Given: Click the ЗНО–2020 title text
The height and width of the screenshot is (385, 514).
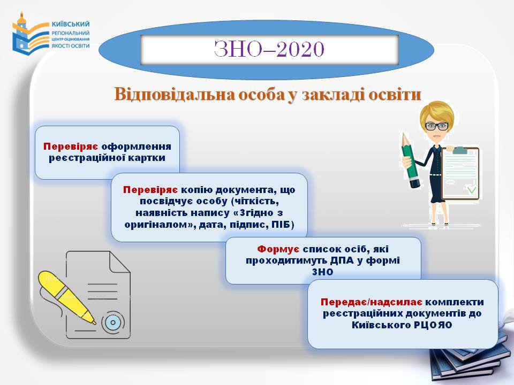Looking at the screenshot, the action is (269, 49).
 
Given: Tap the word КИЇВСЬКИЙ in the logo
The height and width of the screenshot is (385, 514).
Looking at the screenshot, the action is (71, 24).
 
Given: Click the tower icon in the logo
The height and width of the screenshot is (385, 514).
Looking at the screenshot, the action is (21, 33).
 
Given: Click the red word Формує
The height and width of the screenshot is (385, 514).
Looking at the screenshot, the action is (278, 249).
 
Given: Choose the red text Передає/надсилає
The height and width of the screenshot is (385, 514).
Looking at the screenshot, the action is (372, 302).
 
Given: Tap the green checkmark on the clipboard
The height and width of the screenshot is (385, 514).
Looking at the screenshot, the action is (471, 189).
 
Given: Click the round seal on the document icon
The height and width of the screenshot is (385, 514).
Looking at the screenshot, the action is (113, 322).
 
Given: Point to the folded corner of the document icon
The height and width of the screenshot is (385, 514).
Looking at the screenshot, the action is (119, 262).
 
